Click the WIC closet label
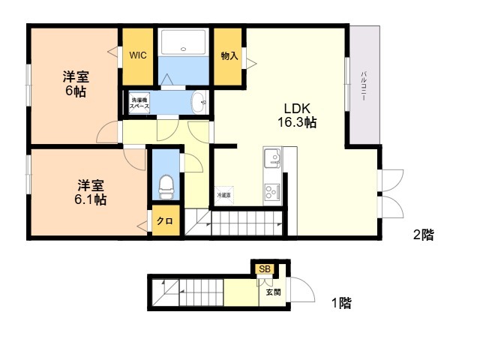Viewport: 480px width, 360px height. click(137, 55)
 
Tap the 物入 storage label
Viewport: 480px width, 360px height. click(229, 55)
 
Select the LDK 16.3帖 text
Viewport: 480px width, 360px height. click(298, 114)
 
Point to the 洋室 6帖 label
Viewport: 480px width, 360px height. click(74, 83)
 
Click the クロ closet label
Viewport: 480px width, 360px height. click(166, 222)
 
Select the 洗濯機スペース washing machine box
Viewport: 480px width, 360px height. click(140, 103)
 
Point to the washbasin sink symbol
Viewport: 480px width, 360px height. click(199, 101)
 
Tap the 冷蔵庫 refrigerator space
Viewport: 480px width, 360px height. click(224, 194)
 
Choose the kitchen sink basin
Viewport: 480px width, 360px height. click(271, 158)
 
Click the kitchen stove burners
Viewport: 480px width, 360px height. click(271, 191)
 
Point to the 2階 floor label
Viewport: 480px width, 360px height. click(423, 235)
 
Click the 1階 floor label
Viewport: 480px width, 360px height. click(341, 304)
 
